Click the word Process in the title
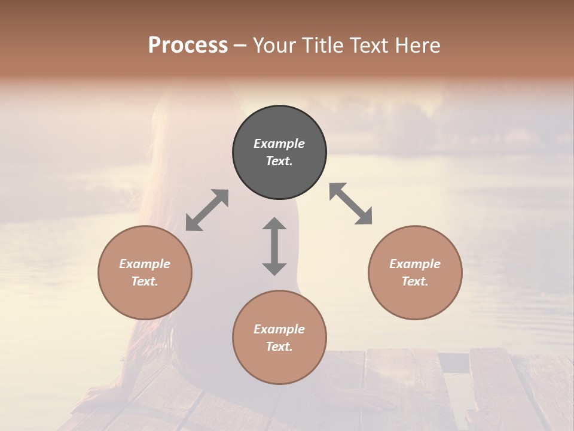click(x=188, y=45)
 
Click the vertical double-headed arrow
click(x=274, y=246)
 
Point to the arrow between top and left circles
click(x=207, y=210)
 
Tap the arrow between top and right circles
click(x=351, y=204)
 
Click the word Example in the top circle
click(x=279, y=144)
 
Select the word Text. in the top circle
click(x=279, y=161)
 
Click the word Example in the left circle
click(x=145, y=264)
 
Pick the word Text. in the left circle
click(x=145, y=281)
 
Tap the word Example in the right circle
click(x=415, y=264)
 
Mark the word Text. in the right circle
click(x=415, y=281)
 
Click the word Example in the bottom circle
click(x=279, y=329)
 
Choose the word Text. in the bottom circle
click(x=279, y=347)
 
